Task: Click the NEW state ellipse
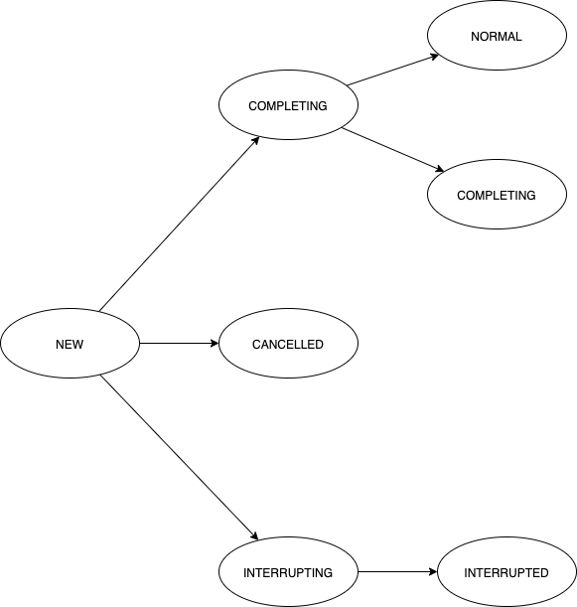(x=70, y=344)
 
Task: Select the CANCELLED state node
(x=288, y=344)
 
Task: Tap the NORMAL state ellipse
(x=497, y=37)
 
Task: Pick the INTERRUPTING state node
(x=288, y=573)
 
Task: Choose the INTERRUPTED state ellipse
(x=506, y=573)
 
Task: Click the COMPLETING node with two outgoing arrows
(x=288, y=105)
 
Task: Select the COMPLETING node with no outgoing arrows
(x=497, y=195)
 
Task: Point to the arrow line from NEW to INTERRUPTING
(x=179, y=458)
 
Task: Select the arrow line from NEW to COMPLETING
(x=179, y=224)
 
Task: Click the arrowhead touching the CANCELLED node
(x=213, y=344)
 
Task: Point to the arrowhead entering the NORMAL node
(x=434, y=57)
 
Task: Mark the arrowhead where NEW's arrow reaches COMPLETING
(x=255, y=140)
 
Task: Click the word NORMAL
(x=497, y=37)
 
